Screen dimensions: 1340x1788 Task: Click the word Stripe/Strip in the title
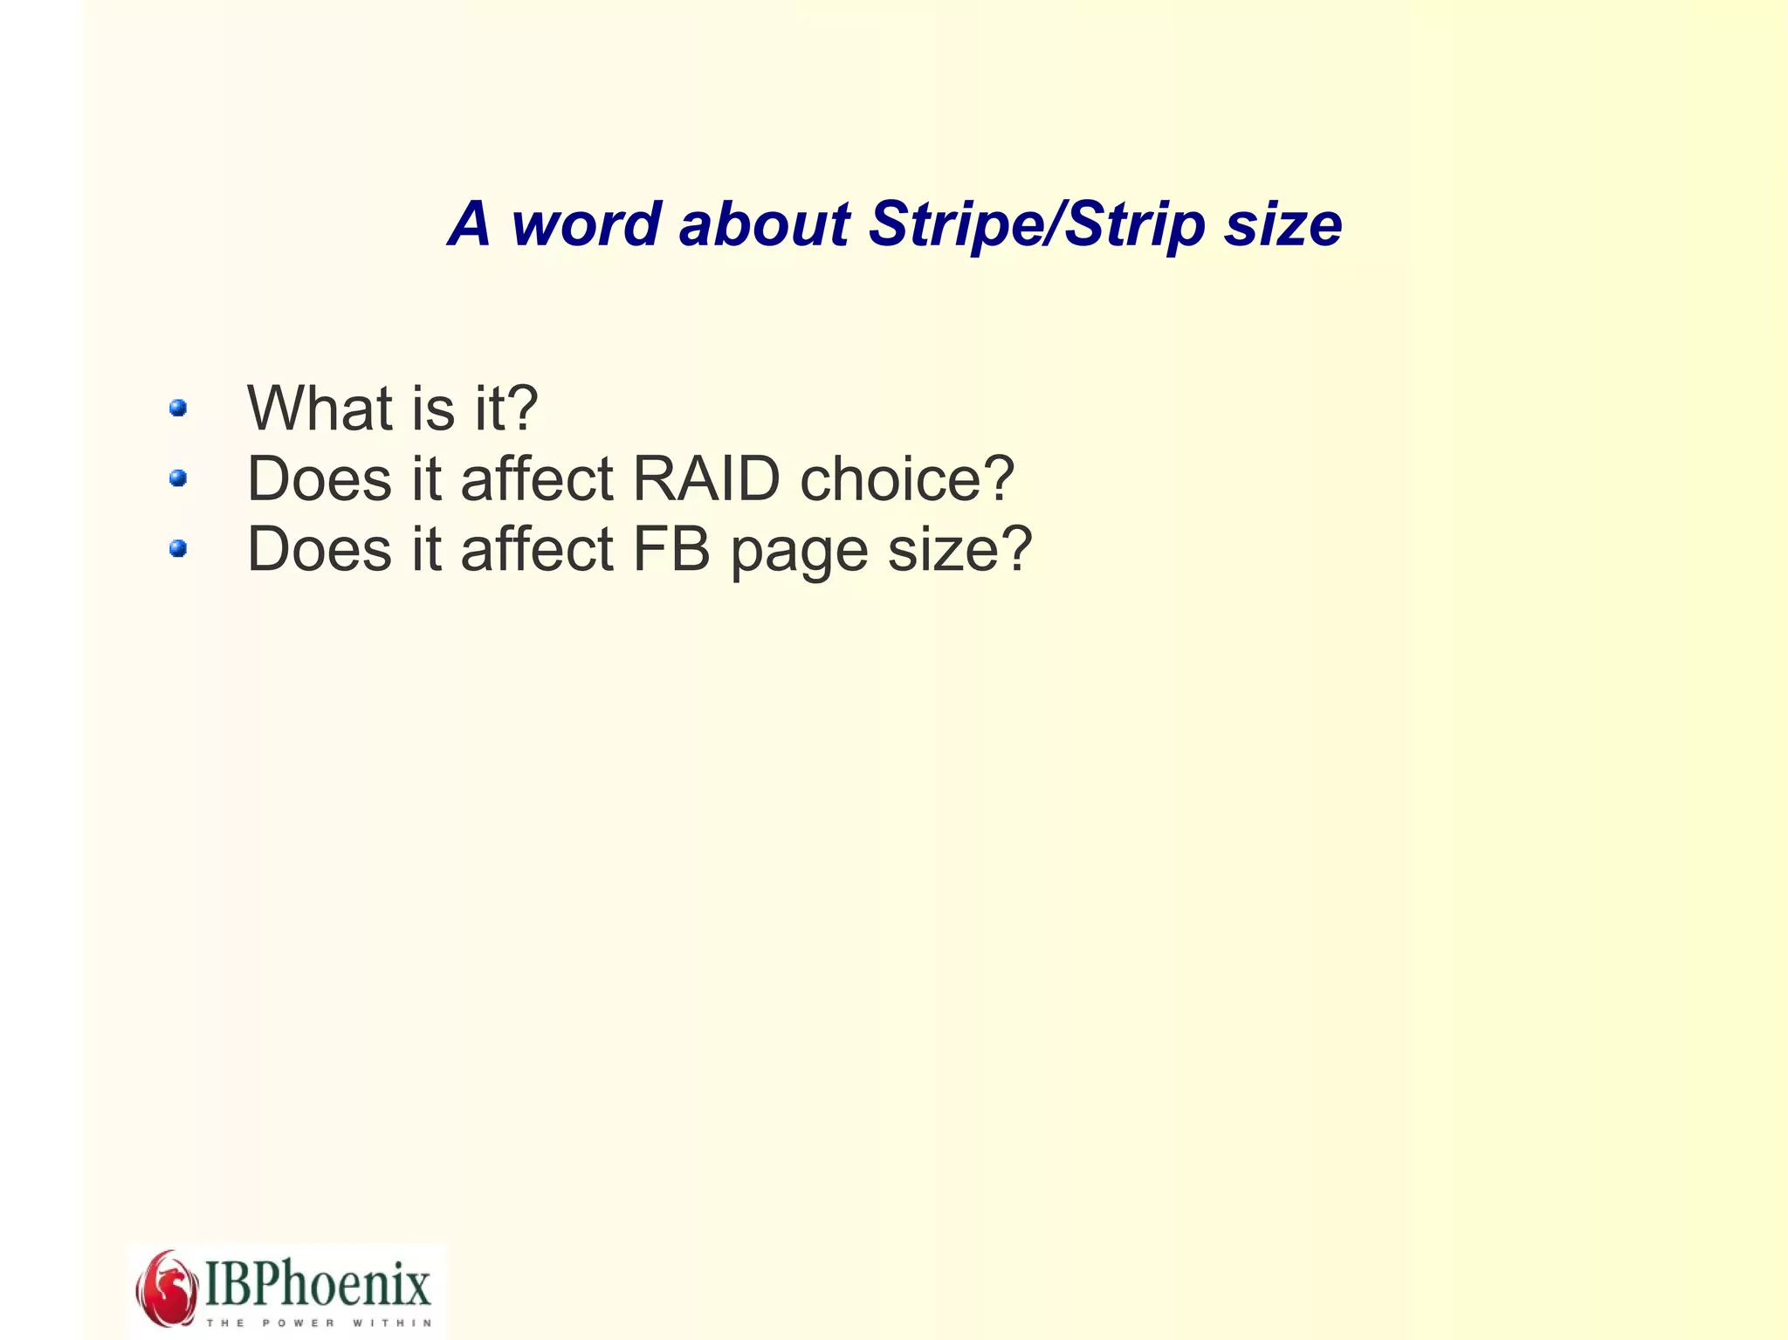click(x=1036, y=224)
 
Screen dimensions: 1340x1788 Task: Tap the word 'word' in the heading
click(x=586, y=224)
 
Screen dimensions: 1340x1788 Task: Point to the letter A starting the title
click(x=470, y=224)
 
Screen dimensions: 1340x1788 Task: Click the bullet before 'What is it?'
click(x=178, y=408)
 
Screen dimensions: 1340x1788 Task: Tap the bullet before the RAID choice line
click(x=178, y=478)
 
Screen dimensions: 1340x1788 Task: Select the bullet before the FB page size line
click(x=178, y=548)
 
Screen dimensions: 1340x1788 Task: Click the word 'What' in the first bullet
click(x=320, y=408)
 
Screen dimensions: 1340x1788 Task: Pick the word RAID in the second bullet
click(x=705, y=478)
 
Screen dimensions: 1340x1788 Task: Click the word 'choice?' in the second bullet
click(x=907, y=478)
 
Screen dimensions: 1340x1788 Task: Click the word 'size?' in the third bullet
click(x=959, y=549)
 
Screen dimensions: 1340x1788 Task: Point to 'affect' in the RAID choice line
click(x=537, y=478)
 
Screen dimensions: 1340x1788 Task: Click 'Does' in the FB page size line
click(x=320, y=549)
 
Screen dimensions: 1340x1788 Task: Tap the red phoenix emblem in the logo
click(x=166, y=1288)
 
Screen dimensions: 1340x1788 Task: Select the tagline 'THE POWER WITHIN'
click(x=318, y=1323)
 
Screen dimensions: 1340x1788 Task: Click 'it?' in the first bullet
click(x=506, y=408)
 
